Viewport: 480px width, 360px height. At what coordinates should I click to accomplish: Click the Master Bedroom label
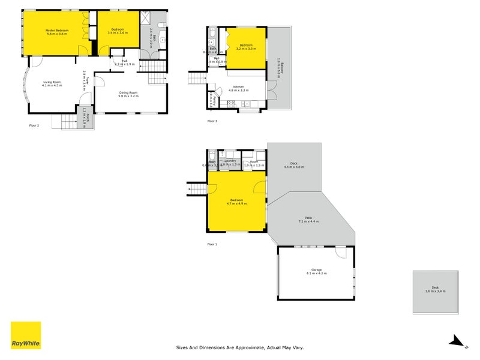coord(57,32)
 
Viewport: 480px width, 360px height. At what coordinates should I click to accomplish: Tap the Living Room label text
coord(52,83)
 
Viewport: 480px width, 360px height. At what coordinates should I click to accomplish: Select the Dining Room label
coord(128,94)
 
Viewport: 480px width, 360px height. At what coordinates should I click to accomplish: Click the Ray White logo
coord(26,335)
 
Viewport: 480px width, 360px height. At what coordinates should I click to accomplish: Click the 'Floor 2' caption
coord(34,125)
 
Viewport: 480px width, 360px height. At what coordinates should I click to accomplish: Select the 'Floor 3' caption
coord(212,121)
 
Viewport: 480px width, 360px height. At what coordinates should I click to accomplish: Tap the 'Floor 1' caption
coord(212,244)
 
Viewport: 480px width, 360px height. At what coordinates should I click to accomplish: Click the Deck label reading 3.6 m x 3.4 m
coord(435,290)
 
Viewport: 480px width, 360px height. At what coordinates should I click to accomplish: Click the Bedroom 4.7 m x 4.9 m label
coord(237,202)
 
